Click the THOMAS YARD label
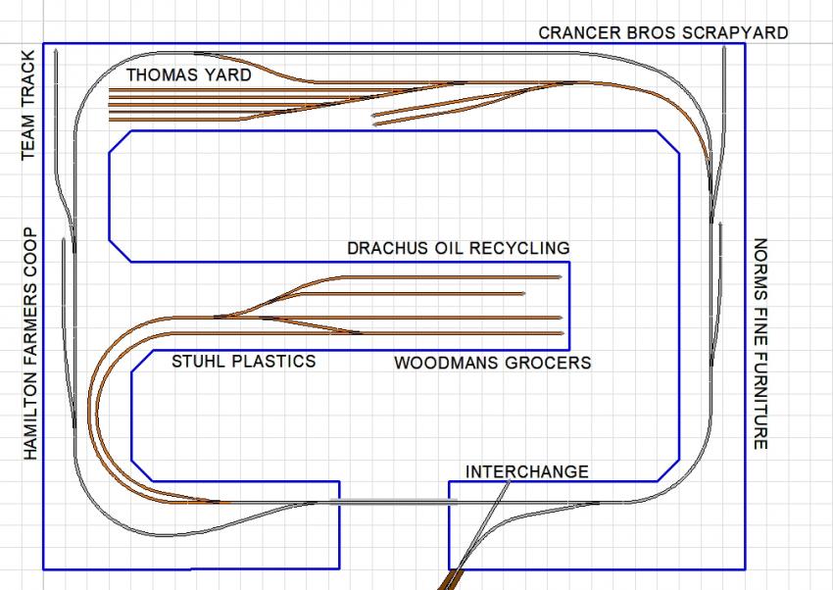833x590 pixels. coord(188,74)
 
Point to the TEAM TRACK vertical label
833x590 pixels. coord(28,104)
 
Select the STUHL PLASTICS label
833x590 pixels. coord(244,361)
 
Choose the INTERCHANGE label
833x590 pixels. coord(527,471)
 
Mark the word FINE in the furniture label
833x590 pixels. coord(761,320)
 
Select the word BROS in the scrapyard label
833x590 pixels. coord(654,32)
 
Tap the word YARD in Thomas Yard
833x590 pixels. coord(228,74)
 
